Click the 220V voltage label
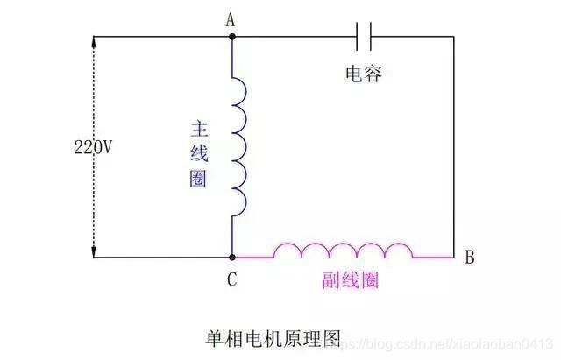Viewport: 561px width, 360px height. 93,147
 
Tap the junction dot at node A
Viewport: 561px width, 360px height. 232,37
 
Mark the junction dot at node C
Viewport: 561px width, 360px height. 232,258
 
